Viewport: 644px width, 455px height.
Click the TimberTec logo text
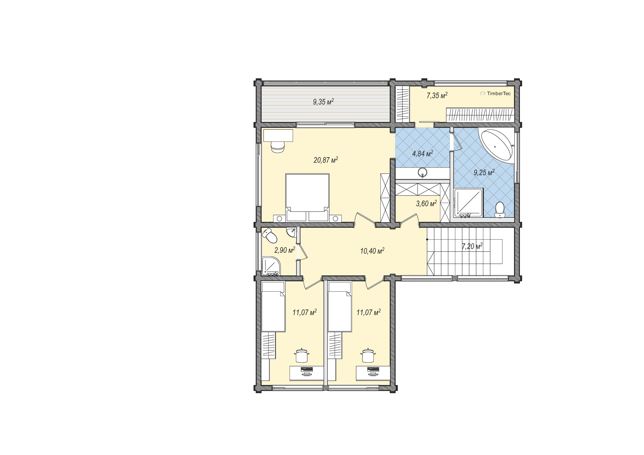[x=499, y=94]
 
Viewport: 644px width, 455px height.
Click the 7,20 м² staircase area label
[x=472, y=246]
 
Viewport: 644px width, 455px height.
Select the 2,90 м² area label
[x=285, y=250]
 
